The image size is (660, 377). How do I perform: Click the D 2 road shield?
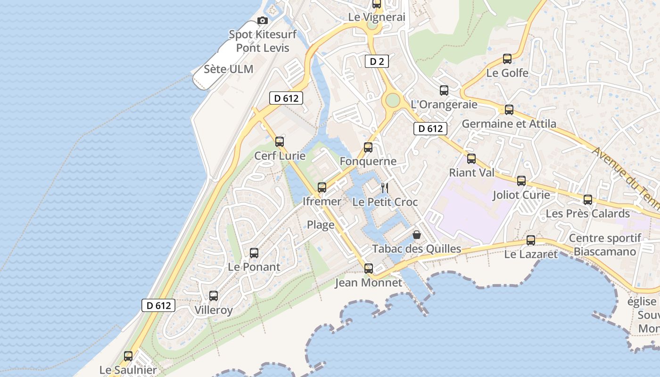tap(377, 61)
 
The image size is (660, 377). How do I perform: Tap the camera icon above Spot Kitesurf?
tap(263, 20)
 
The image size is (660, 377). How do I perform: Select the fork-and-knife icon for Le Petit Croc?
tap(385, 188)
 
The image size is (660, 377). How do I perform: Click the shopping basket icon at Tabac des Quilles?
tap(417, 234)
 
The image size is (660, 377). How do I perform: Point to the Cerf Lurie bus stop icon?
tap(280, 141)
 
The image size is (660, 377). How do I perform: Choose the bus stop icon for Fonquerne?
tap(368, 148)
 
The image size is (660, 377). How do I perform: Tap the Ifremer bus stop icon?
tap(322, 188)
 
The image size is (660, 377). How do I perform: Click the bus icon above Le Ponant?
tap(254, 253)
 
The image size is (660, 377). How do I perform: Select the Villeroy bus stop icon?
tap(214, 296)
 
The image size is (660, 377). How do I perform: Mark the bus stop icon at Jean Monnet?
tap(369, 269)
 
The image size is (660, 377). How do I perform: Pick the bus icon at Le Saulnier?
tap(128, 356)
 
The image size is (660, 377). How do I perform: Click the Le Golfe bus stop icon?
tap(507, 59)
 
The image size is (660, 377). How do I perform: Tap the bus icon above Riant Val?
tap(471, 159)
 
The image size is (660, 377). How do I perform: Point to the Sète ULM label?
tap(229, 69)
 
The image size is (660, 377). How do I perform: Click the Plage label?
tap(321, 225)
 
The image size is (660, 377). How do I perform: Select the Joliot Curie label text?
tap(521, 195)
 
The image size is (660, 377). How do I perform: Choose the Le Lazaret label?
tap(531, 254)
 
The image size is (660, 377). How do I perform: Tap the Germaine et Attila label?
tap(509, 124)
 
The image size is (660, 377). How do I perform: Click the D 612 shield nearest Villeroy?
tap(159, 305)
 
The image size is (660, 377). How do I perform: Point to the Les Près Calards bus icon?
tap(588, 200)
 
